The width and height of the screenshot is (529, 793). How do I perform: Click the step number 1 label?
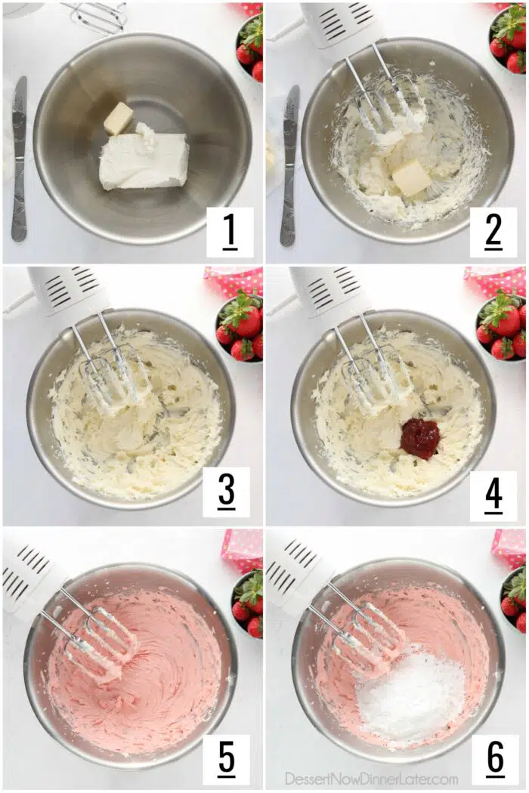(229, 231)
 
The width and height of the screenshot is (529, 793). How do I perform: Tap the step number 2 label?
(493, 231)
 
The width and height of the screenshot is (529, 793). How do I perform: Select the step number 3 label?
(226, 492)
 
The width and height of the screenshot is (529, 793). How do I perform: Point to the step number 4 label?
(493, 495)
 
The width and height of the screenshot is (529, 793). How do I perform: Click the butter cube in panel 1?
(119, 119)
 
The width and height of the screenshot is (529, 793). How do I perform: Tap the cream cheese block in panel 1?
(144, 159)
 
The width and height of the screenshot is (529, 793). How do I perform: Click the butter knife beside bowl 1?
(19, 159)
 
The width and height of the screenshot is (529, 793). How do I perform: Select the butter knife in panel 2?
(290, 165)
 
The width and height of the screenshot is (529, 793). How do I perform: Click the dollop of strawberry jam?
(419, 439)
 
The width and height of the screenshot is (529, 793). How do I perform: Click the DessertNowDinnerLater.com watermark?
(372, 778)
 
